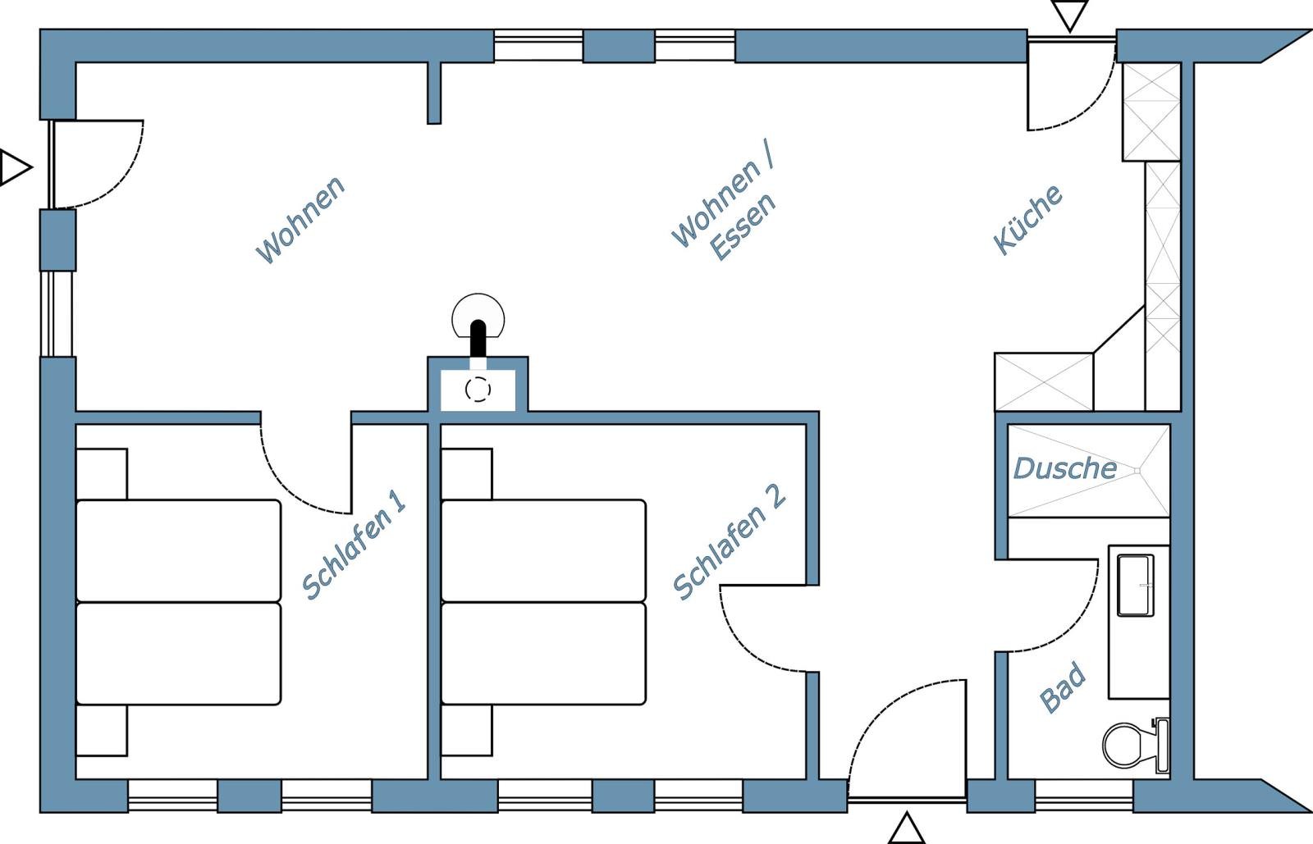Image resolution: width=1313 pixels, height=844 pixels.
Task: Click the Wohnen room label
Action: pyautogui.click(x=300, y=220)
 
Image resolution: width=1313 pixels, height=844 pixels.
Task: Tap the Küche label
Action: pyautogui.click(x=1027, y=220)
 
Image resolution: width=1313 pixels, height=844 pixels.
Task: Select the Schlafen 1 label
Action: pyautogui.click(x=354, y=545)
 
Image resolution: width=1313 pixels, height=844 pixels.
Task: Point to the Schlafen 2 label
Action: pyautogui.click(x=730, y=542)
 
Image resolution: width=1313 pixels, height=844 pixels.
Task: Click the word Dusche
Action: pyautogui.click(x=1065, y=468)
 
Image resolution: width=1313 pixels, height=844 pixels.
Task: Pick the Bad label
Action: pyautogui.click(x=1063, y=687)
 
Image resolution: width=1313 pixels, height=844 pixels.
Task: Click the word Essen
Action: pyautogui.click(x=743, y=226)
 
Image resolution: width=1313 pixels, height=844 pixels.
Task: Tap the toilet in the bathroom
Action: pyautogui.click(x=1136, y=745)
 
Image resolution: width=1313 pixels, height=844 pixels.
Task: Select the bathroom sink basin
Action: pyautogui.click(x=1136, y=586)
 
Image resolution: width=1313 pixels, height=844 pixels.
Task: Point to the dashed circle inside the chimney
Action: pyautogui.click(x=478, y=390)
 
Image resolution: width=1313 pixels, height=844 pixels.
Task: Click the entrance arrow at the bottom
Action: pyautogui.click(x=906, y=828)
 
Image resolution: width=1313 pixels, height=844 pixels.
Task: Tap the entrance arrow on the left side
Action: pyautogui.click(x=16, y=167)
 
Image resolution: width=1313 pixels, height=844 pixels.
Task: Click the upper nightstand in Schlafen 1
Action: pyautogui.click(x=102, y=474)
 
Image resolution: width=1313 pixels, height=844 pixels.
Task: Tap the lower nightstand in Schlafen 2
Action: pyautogui.click(x=467, y=730)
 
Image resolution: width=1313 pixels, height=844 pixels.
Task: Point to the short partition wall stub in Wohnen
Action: pyautogui.click(x=434, y=93)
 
